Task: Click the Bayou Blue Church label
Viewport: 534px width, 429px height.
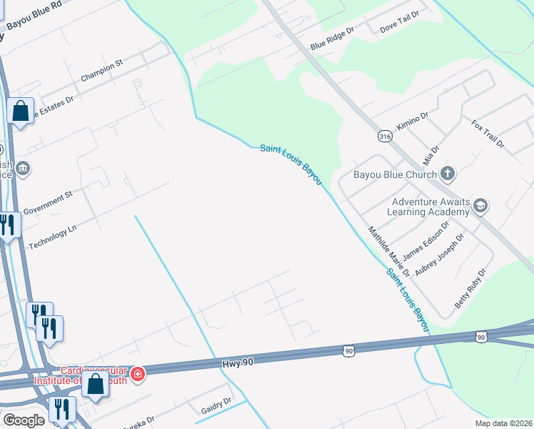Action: [395, 174]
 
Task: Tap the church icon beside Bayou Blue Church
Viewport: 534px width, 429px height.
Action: [447, 173]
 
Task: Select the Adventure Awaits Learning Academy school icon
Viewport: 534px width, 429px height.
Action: [480, 206]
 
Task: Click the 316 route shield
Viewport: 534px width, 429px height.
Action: [386, 136]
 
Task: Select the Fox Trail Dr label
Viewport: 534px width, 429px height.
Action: [488, 134]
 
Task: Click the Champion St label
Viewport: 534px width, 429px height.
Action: [102, 71]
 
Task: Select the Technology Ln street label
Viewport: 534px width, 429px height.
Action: [52, 235]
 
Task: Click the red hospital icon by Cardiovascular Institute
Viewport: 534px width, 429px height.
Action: [137, 373]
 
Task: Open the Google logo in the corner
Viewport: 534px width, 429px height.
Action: [24, 420]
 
